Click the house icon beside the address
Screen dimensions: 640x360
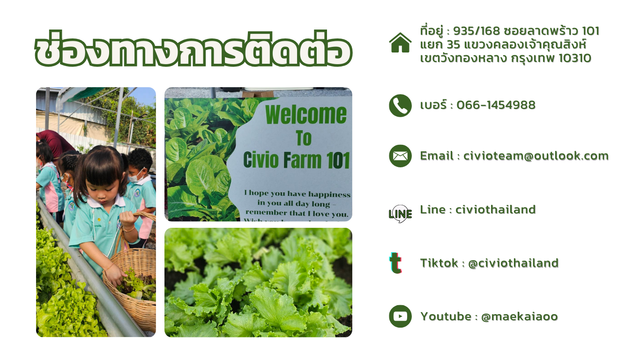point(400,43)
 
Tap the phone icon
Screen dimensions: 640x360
point(400,105)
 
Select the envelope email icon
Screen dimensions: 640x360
point(400,156)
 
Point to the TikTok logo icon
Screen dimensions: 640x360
point(396,263)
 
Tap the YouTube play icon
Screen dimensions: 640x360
point(400,316)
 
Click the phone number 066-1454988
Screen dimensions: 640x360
point(496,105)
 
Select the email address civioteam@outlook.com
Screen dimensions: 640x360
point(536,156)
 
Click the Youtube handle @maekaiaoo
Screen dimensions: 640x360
point(520,316)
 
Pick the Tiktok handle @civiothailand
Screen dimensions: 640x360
point(513,263)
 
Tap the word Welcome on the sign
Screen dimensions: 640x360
point(306,115)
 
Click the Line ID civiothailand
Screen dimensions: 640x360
point(495,210)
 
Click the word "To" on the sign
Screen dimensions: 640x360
point(304,138)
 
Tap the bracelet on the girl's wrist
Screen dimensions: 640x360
point(129,229)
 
